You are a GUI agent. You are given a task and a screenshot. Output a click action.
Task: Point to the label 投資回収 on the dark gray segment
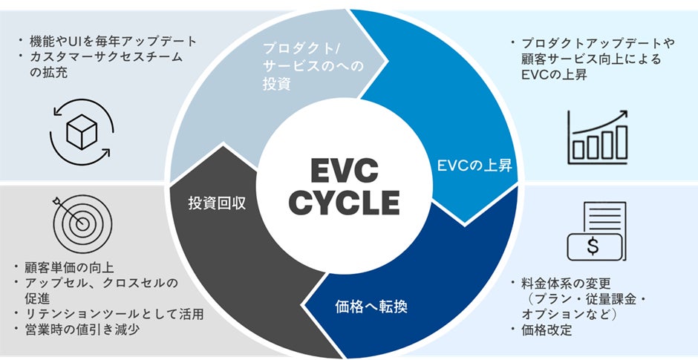coord(218,203)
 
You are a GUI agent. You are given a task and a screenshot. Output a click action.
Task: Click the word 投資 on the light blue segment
coord(276,84)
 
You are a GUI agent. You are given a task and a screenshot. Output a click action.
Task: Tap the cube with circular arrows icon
coord(81,132)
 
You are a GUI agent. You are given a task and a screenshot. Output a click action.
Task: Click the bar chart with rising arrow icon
coord(598,138)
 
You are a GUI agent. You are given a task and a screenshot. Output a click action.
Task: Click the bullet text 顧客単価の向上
coord(71,266)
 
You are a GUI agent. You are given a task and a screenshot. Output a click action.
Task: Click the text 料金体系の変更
coord(567,283)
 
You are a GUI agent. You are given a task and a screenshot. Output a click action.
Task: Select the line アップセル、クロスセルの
coord(103,282)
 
